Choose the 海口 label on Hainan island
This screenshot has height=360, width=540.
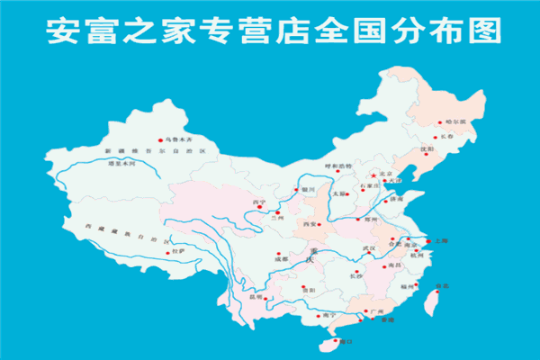[x=346, y=342]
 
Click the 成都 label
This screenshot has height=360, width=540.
[x=256, y=259]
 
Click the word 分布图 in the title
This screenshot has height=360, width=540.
[x=450, y=32]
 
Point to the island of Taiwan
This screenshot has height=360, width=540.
[x=428, y=301]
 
